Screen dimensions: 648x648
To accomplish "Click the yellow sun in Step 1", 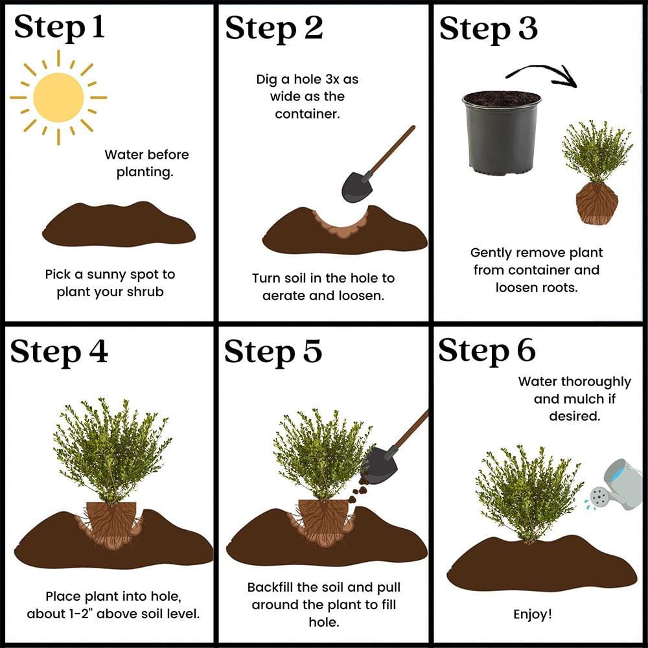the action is click(x=58, y=98).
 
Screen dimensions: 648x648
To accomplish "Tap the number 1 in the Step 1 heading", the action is click(x=98, y=27).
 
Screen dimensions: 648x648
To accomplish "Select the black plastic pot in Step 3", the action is click(x=502, y=133).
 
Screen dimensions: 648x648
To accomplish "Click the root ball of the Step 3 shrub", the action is click(x=597, y=203).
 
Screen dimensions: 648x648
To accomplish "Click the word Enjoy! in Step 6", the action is click(x=532, y=614).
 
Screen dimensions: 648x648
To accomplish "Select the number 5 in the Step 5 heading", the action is click(x=312, y=351).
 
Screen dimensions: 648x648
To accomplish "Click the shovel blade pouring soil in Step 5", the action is click(x=380, y=464).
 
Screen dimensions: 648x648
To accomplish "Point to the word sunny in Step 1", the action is click(x=107, y=275).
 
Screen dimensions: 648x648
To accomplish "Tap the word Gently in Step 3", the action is click(x=491, y=253).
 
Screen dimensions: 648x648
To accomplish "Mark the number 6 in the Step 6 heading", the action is click(x=526, y=351).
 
